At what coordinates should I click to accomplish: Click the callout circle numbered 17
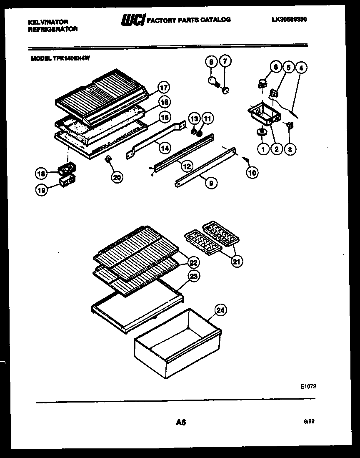pos(164,88)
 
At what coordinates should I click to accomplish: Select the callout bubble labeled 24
pos(221,310)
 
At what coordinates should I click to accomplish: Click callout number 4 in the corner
pos(301,67)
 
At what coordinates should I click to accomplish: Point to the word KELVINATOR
pos(48,22)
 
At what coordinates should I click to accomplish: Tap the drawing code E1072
pos(308,387)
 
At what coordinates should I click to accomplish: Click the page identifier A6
pos(180,422)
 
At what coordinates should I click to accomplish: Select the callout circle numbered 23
pos(194,276)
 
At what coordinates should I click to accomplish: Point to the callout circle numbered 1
pos(263,148)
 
